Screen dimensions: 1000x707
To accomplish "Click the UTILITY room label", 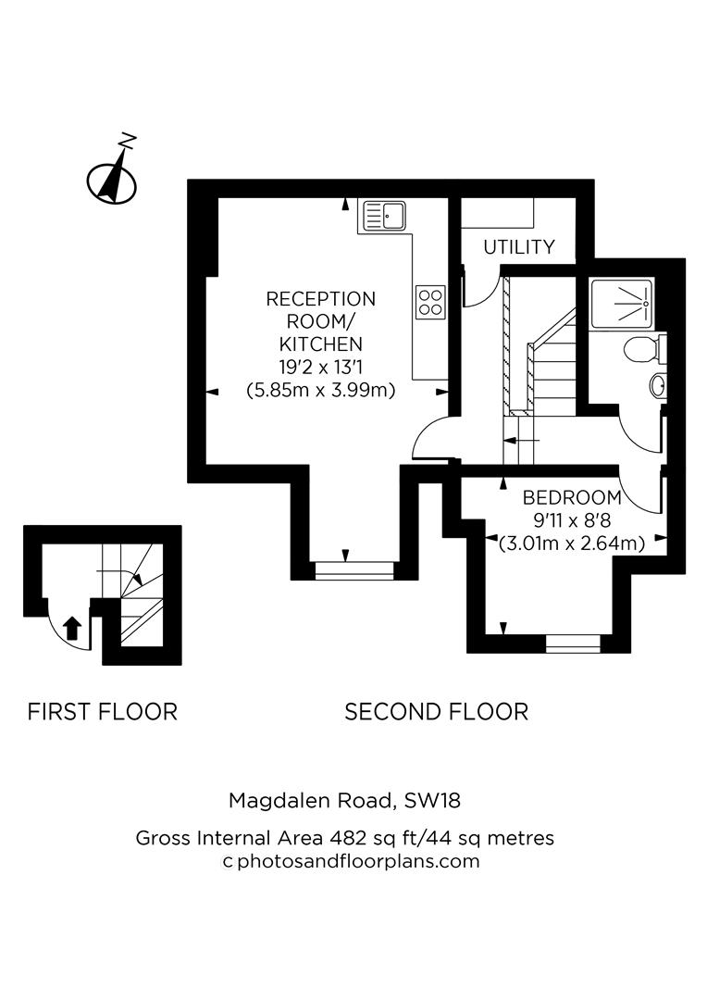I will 519,247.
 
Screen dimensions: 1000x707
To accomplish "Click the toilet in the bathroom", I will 641,350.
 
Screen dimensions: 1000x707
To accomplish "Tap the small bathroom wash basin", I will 657,385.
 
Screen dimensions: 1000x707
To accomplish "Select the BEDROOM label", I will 571,496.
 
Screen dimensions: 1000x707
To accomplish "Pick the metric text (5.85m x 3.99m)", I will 321,390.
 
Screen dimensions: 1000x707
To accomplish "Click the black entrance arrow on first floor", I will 71,630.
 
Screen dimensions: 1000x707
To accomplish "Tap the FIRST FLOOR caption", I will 102,712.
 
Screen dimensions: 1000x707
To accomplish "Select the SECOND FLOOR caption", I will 436,712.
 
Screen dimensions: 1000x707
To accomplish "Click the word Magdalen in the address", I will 273,799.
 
